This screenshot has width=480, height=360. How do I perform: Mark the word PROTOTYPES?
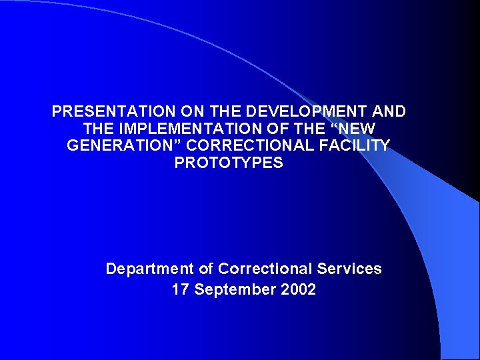229,163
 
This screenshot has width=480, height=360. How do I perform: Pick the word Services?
350,269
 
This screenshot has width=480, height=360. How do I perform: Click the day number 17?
181,290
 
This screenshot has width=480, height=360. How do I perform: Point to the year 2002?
299,290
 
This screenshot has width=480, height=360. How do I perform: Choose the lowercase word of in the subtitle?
206,269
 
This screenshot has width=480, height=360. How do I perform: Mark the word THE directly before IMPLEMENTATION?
98,129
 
